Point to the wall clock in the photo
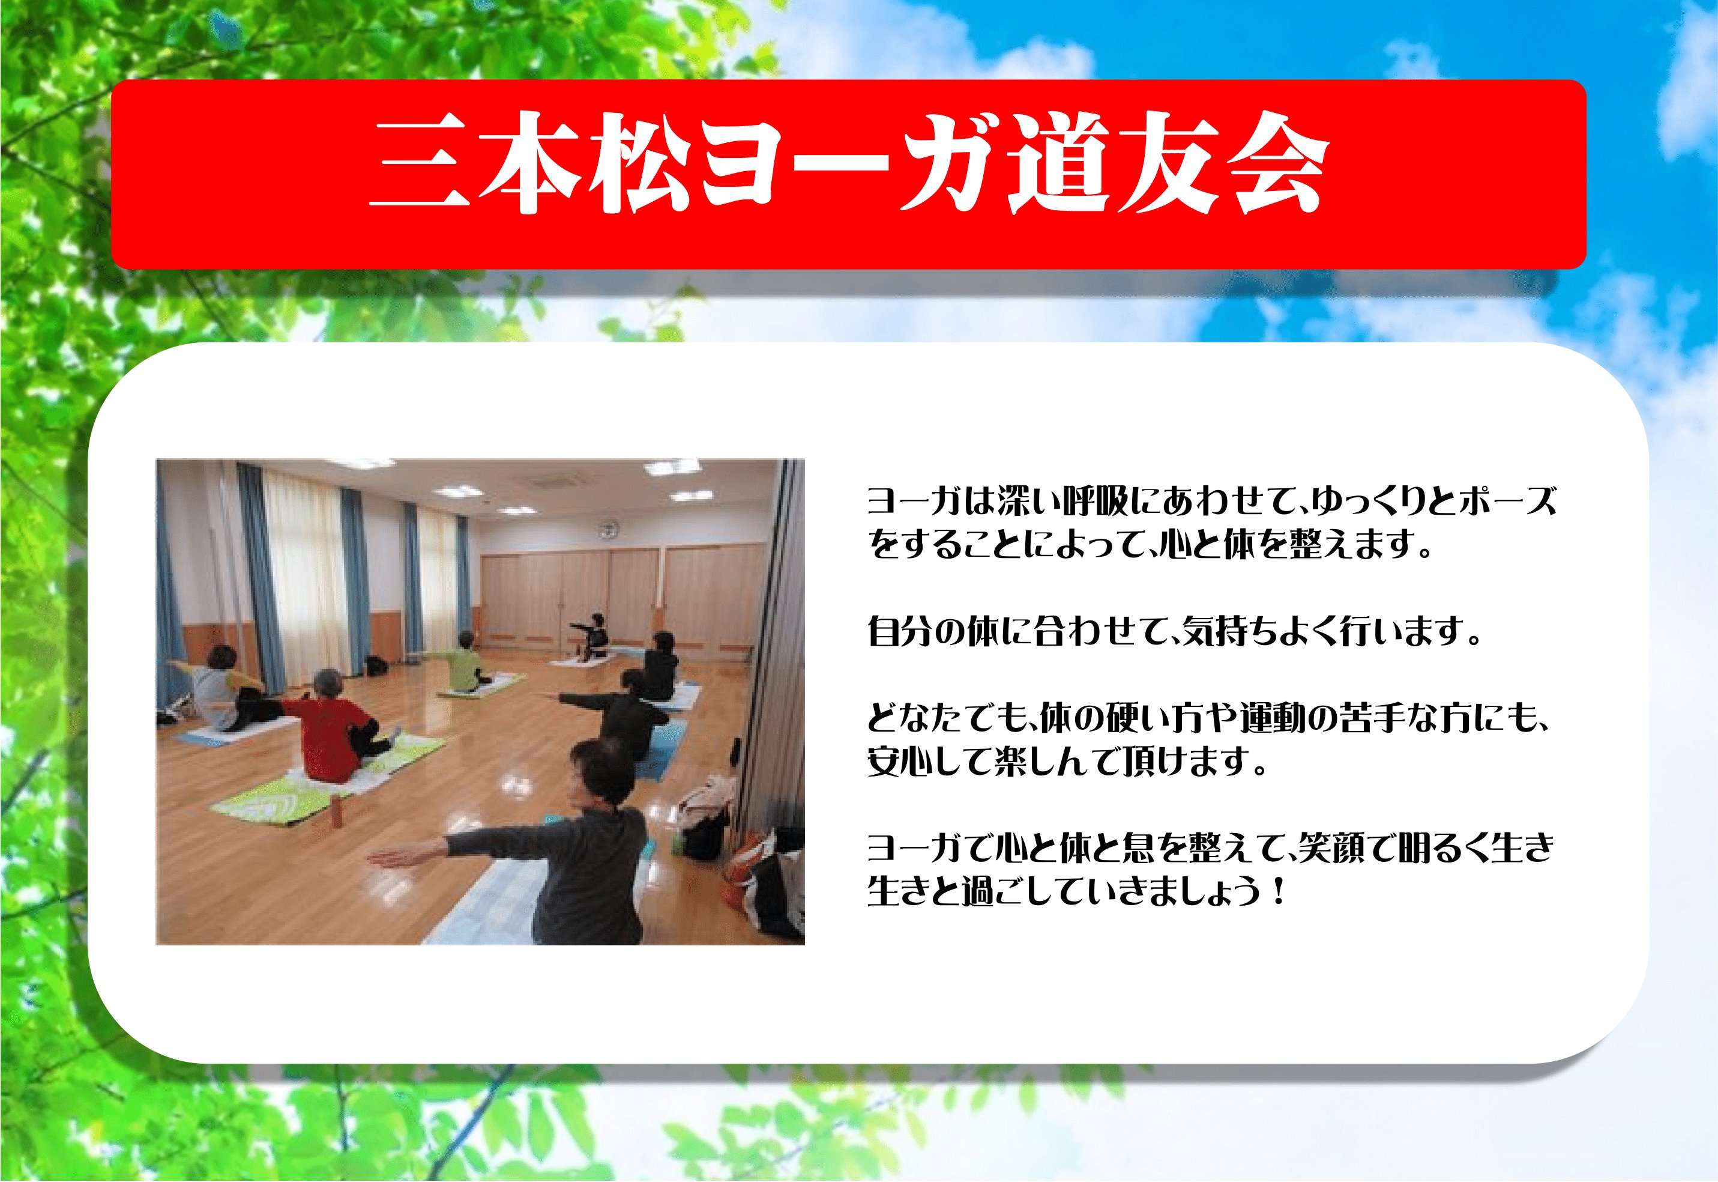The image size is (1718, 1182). tap(607, 529)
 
